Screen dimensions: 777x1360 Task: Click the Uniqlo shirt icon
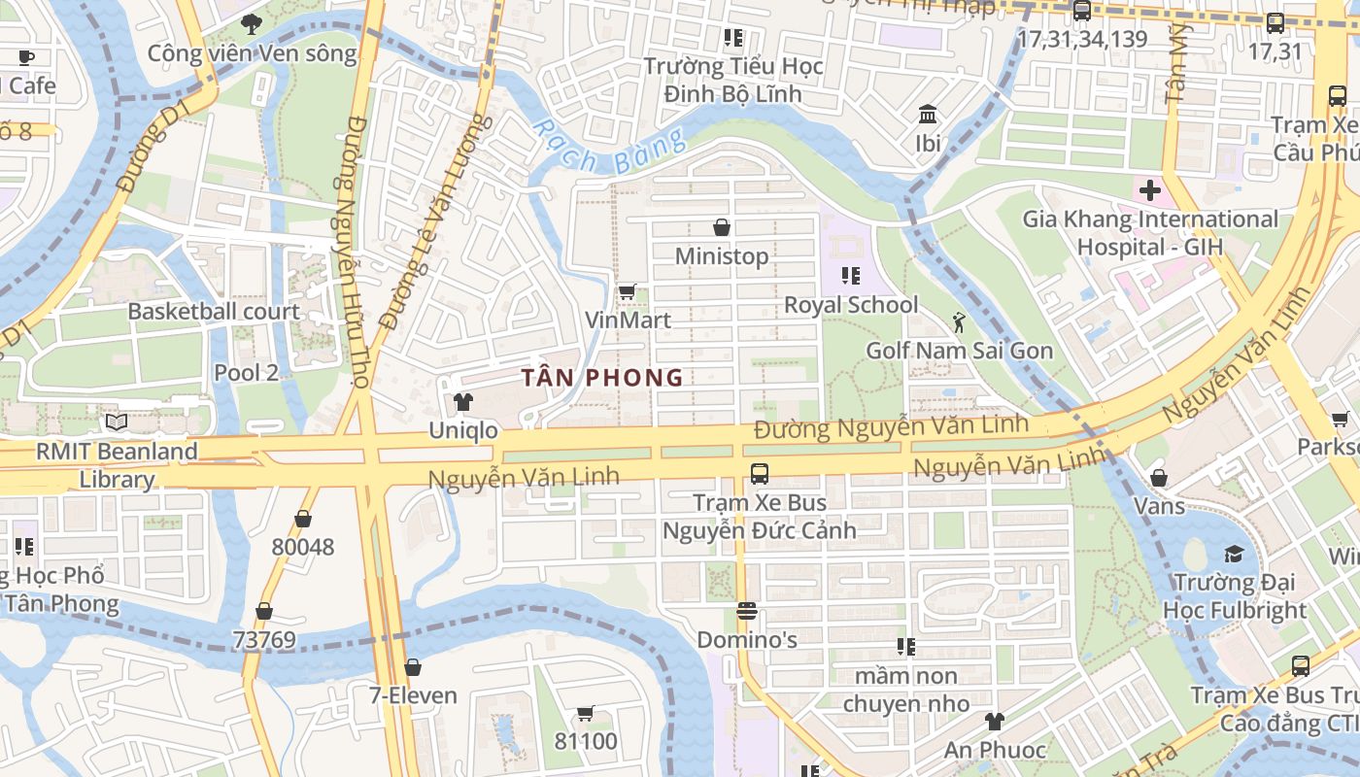click(462, 402)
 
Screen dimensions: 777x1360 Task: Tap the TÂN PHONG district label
click(602, 378)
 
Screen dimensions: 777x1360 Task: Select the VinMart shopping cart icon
click(628, 291)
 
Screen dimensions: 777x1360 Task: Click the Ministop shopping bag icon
click(722, 227)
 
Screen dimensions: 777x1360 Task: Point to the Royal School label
click(851, 305)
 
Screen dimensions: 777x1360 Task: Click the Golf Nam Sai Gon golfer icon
click(960, 321)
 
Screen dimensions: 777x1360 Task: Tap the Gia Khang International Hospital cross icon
click(1150, 189)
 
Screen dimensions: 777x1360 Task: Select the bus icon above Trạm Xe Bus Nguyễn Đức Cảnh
click(760, 474)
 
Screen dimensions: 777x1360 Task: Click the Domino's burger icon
click(747, 611)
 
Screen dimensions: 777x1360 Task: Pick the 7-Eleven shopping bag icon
click(413, 667)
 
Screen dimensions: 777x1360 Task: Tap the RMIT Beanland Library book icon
click(117, 422)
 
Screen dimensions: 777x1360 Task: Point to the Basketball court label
click(214, 312)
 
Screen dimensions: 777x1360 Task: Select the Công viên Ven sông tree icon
click(253, 25)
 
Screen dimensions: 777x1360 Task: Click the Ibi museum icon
click(928, 115)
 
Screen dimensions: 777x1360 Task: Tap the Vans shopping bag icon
click(1158, 478)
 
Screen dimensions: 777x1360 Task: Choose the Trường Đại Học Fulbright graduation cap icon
click(1234, 554)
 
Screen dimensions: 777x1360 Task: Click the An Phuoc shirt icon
click(995, 721)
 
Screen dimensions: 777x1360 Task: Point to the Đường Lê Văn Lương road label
click(430, 221)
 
